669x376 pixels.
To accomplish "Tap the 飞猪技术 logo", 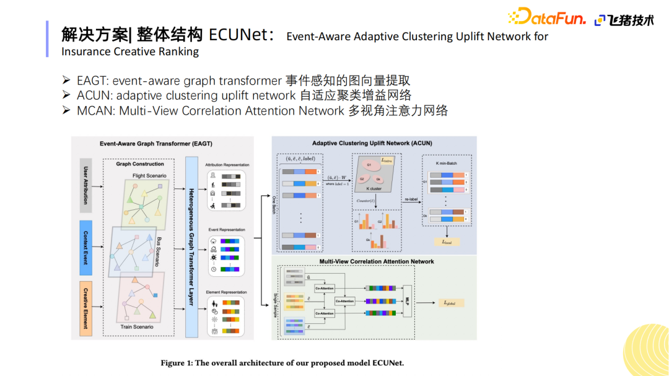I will [624, 20].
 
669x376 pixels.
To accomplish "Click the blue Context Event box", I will [85, 247].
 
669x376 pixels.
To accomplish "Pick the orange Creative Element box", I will [85, 308].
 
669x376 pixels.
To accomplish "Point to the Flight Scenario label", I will [149, 176].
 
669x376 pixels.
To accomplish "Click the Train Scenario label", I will [138, 326].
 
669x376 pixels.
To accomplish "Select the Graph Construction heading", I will [140, 164].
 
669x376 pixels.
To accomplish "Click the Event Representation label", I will [227, 230].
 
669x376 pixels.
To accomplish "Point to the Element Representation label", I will [227, 292].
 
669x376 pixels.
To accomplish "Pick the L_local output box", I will [447, 242].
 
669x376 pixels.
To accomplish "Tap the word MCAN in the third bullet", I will [95, 110].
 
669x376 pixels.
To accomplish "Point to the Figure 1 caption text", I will [282, 362].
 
